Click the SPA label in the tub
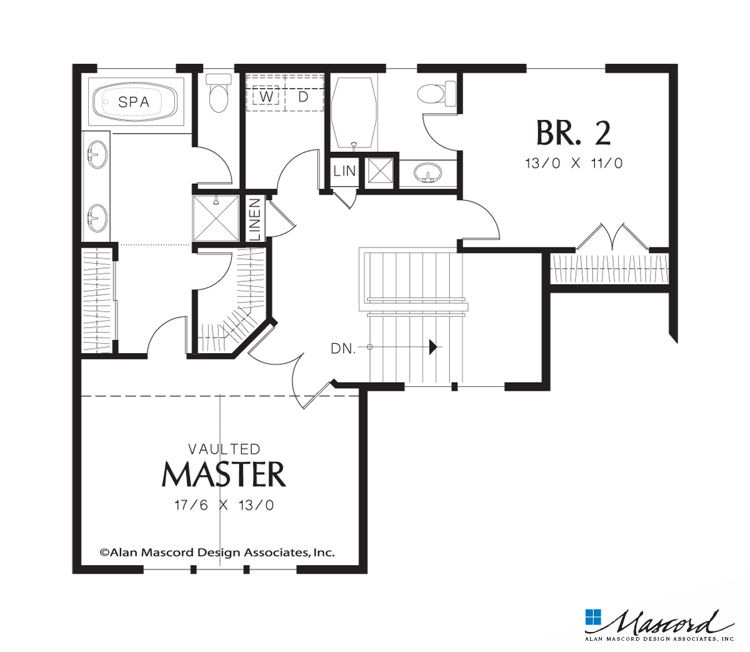coord(134,101)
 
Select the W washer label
coord(266,97)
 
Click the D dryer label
coord(303,97)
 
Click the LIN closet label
coord(344,171)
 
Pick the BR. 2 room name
coord(573,132)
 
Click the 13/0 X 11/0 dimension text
coord(574,164)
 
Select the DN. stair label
coord(343,349)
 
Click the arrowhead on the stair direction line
coord(432,347)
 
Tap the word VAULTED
coord(224,449)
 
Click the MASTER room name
coord(224,475)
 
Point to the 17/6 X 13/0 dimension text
coord(224,505)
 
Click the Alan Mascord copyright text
coord(217,552)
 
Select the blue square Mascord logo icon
coord(592,616)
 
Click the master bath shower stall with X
coord(216,218)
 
